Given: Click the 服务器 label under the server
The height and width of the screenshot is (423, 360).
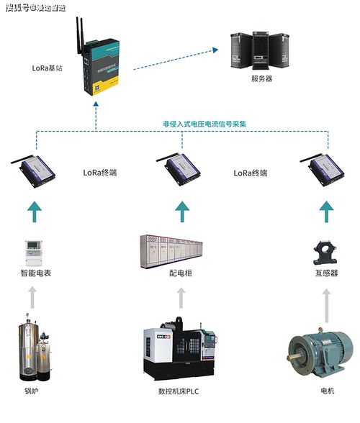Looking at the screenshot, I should point(262,79).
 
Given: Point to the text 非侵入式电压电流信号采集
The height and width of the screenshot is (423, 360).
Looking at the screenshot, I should point(204,124).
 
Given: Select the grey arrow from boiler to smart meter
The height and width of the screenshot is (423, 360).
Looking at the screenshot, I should point(32,298).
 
